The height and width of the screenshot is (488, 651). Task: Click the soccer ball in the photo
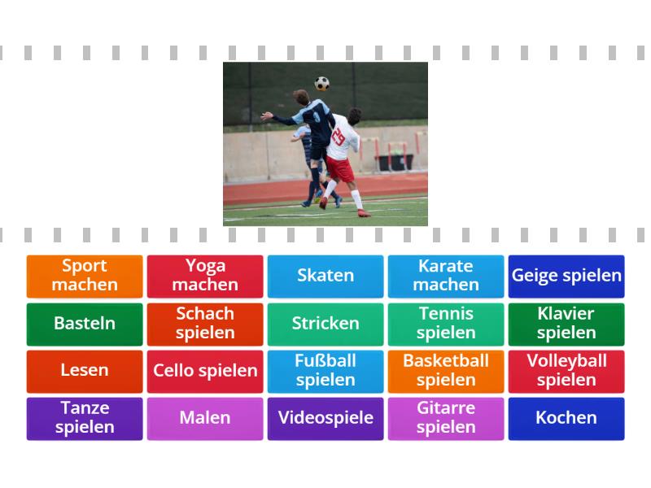(x=321, y=84)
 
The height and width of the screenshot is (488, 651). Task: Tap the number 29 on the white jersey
(x=339, y=137)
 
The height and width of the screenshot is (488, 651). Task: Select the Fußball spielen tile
(x=325, y=372)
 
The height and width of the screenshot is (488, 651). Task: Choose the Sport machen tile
(x=85, y=277)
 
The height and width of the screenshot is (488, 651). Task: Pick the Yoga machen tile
(x=205, y=277)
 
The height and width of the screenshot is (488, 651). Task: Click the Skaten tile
(x=325, y=277)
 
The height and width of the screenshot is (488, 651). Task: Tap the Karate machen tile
(x=446, y=277)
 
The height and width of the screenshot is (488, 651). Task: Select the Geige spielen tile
(x=566, y=277)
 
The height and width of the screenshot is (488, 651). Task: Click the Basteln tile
(x=85, y=324)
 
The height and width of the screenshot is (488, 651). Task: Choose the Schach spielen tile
(x=205, y=324)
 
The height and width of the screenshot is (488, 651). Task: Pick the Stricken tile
(x=325, y=324)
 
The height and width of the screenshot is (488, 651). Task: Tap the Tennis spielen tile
(x=446, y=324)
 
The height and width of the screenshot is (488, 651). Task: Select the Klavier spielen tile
(x=566, y=324)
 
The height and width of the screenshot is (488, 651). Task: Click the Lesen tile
(x=85, y=372)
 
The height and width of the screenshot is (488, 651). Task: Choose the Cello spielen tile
(x=205, y=372)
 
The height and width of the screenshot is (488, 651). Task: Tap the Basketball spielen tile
(x=446, y=372)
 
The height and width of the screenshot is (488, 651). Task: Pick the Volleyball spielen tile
(x=566, y=372)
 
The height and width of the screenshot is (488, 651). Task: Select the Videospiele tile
(x=325, y=419)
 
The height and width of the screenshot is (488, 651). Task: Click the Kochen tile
(x=566, y=419)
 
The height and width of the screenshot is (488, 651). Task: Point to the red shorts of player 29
(x=340, y=169)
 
